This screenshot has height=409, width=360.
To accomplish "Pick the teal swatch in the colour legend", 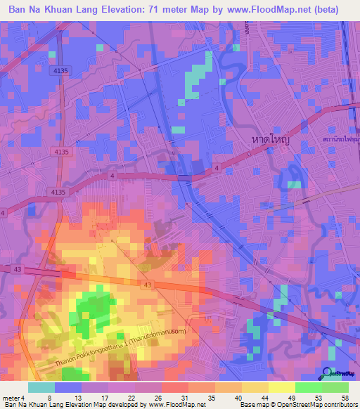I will pyautogui.click(x=41, y=387).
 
